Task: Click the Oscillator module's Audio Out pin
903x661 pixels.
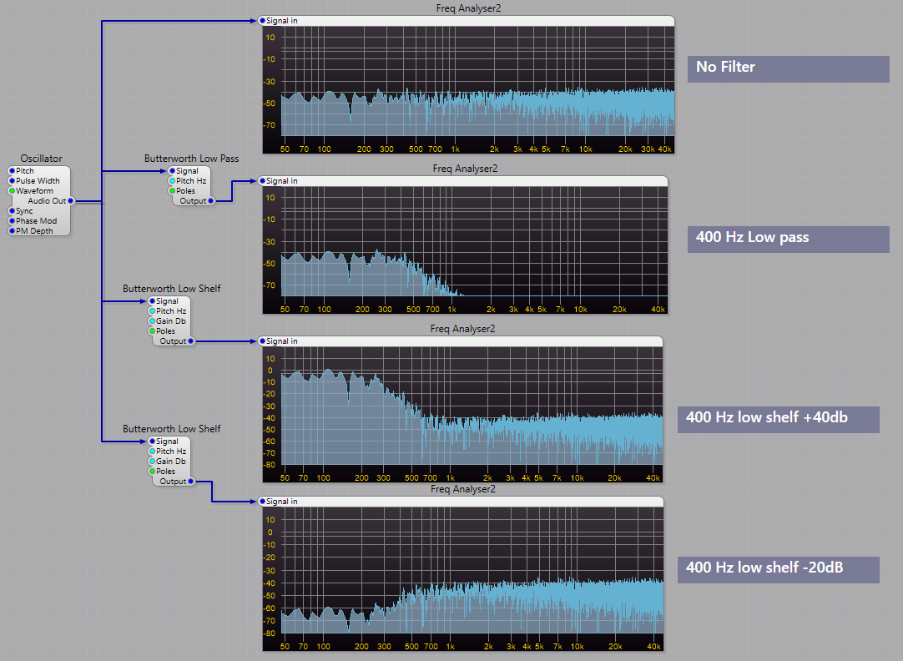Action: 71,201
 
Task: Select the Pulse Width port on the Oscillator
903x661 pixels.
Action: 12,181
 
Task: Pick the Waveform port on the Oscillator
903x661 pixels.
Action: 12,191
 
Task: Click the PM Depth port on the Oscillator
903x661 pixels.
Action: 12,231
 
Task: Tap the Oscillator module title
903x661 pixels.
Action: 41,159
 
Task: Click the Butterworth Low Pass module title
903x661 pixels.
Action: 191,159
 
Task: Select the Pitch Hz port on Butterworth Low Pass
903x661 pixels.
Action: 172,181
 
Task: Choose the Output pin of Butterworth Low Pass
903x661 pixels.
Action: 211,201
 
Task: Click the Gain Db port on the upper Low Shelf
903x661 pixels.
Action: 152,321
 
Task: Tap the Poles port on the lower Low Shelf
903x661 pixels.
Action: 152,472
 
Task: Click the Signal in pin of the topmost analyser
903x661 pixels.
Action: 263,20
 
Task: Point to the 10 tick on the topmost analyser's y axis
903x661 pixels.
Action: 270,38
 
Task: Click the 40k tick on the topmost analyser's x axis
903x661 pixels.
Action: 664,149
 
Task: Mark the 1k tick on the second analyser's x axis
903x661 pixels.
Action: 455,310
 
